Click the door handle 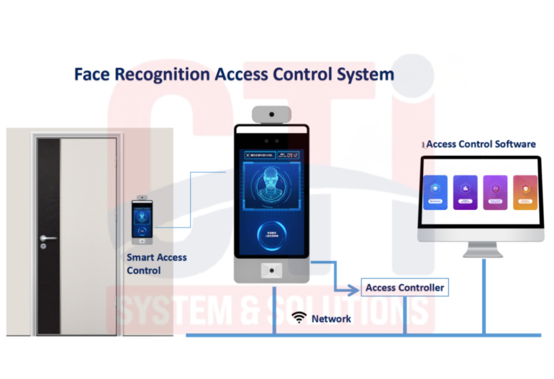48,238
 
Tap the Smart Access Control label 157,264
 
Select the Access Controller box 404,288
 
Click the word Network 331,318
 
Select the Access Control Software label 481,144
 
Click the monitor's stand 483,248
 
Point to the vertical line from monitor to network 483,295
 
